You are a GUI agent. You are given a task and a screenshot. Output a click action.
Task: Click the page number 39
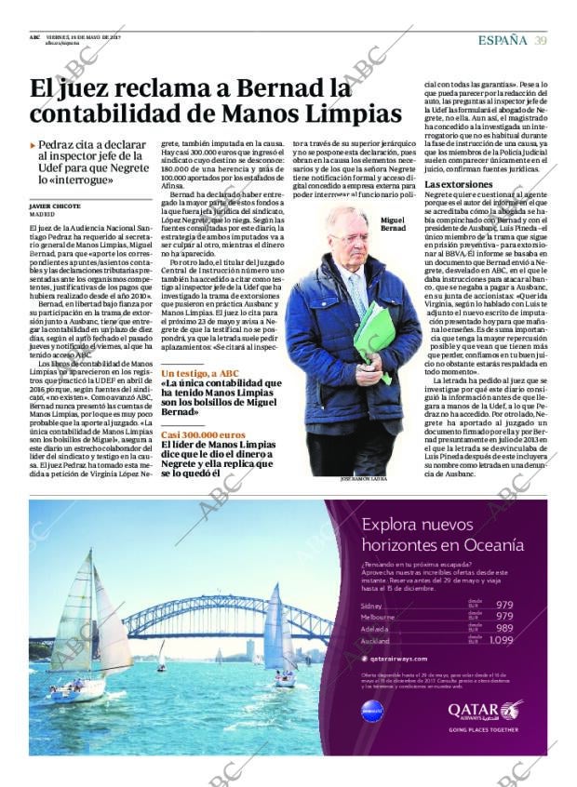(540, 39)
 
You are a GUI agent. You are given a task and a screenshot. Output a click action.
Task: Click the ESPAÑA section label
(503, 39)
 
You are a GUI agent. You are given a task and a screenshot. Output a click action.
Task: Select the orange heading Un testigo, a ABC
(200, 373)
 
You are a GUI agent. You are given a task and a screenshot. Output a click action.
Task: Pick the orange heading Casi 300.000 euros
(203, 434)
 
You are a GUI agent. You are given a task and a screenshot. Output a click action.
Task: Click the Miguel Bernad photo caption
(394, 223)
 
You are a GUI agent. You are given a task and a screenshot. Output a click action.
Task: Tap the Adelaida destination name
(376, 629)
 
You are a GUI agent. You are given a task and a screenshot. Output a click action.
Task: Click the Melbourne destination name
(378, 617)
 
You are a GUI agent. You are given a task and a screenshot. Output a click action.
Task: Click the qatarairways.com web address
(402, 657)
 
